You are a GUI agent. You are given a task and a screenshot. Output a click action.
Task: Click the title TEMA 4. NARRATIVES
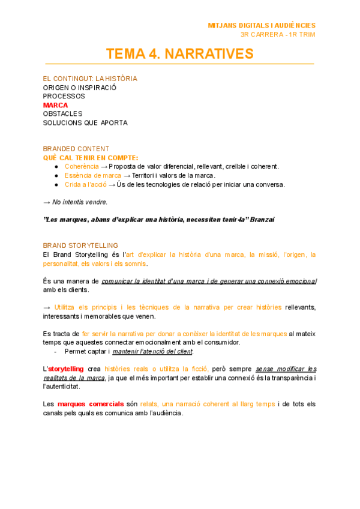180,54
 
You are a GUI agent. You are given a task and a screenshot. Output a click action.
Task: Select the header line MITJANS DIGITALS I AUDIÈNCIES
261,25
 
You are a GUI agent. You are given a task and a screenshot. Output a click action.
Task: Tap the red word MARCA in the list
56,105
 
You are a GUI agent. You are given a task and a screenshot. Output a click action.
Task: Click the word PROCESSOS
64,96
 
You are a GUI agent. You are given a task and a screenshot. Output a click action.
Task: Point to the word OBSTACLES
63,113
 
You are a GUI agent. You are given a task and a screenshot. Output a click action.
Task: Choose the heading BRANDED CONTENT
76,149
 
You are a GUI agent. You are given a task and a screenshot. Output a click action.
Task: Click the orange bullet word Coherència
82,166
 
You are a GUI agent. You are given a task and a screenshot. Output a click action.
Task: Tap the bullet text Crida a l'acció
86,184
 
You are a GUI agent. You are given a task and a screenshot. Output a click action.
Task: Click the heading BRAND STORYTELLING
80,245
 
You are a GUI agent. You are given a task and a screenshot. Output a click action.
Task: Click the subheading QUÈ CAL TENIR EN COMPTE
90,157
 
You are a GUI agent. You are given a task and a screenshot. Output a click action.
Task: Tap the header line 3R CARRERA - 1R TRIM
277,34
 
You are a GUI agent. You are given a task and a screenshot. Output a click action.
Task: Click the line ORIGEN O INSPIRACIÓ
80,87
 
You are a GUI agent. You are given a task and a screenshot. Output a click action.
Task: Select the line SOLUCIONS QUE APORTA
85,122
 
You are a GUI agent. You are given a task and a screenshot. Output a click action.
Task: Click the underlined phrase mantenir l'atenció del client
153,351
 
